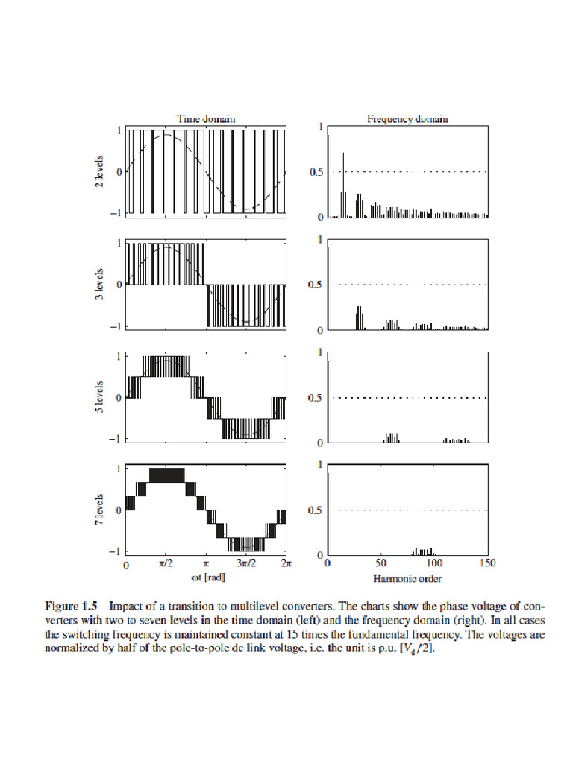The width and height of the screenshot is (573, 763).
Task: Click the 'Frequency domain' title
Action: (407, 118)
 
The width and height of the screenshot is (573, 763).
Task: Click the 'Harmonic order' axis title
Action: (407, 578)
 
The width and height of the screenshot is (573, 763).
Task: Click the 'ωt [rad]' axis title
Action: (204, 577)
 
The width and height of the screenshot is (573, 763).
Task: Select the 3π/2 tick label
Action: (245, 565)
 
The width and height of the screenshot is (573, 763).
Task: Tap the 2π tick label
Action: (285, 565)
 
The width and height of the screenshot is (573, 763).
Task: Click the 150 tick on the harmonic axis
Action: (488, 565)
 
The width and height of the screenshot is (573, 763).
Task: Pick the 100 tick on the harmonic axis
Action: (434, 565)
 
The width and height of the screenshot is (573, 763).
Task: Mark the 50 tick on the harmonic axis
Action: (381, 565)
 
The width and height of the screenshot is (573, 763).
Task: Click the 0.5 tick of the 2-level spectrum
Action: (316, 173)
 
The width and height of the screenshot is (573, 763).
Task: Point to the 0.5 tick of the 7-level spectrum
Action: (316, 510)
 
